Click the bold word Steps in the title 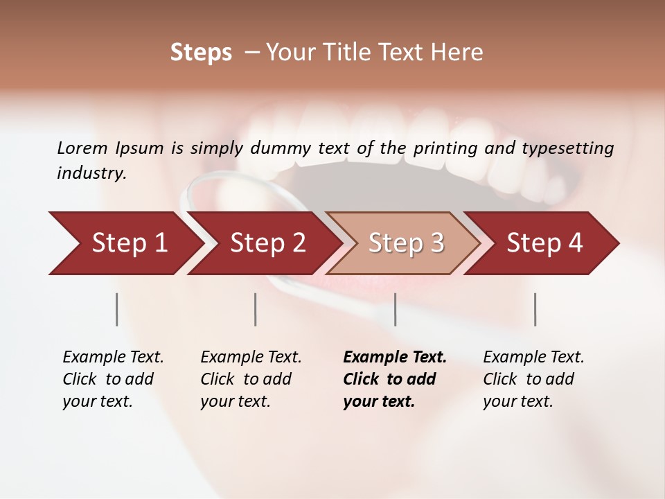(201, 53)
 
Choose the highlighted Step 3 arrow (406, 243)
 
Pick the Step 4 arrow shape (544, 243)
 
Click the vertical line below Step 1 (117, 309)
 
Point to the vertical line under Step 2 (256, 309)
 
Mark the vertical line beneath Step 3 (396, 309)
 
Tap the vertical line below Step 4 (535, 309)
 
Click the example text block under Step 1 (113, 379)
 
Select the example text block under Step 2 (251, 379)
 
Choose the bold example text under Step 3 (395, 379)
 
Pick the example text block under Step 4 (533, 379)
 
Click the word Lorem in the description (82, 148)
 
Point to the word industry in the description (91, 173)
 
